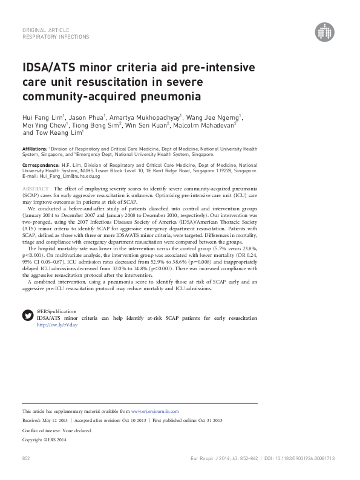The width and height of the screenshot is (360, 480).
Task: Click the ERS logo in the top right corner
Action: tap(325, 34)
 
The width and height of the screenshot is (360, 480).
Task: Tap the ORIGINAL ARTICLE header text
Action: tap(45, 30)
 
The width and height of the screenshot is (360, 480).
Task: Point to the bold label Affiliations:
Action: tap(34, 148)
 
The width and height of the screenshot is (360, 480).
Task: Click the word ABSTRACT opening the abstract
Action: tap(35, 190)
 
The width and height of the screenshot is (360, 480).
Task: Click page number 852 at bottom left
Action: tap(26, 459)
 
